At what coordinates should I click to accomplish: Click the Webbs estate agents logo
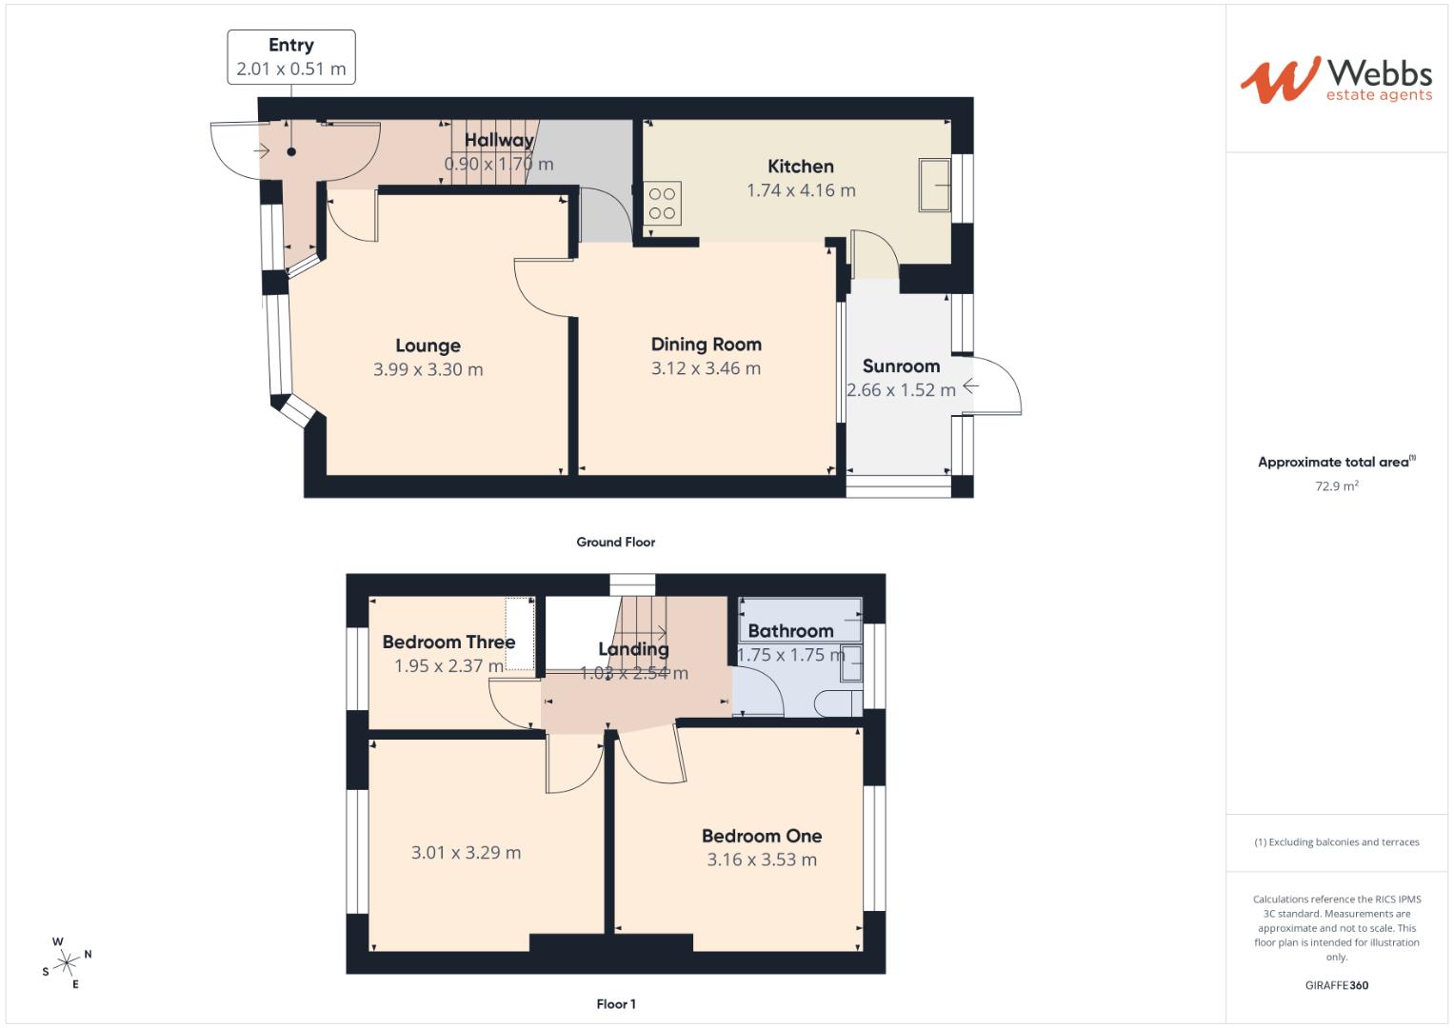(1335, 79)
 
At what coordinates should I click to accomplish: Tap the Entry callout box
(291, 57)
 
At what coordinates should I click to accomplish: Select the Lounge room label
(428, 346)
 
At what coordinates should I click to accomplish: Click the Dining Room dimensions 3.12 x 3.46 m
(706, 368)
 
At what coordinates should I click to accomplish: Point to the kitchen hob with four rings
(662, 203)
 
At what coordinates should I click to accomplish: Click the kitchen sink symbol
(934, 185)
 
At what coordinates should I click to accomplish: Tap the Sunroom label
(901, 366)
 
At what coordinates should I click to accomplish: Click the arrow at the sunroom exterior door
(970, 385)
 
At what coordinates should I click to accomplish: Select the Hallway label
(499, 141)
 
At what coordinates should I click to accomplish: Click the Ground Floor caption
(615, 542)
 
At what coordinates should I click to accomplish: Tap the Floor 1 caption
(615, 1003)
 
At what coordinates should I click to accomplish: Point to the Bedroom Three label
(448, 642)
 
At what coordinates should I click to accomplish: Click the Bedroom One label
(762, 836)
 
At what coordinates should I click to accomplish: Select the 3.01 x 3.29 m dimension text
(466, 852)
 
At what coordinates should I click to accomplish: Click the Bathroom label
(790, 630)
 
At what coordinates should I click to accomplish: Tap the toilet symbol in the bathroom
(838, 702)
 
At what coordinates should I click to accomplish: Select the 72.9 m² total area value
(1337, 485)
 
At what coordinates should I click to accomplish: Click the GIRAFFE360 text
(1336, 985)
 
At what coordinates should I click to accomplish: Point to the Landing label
(633, 649)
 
